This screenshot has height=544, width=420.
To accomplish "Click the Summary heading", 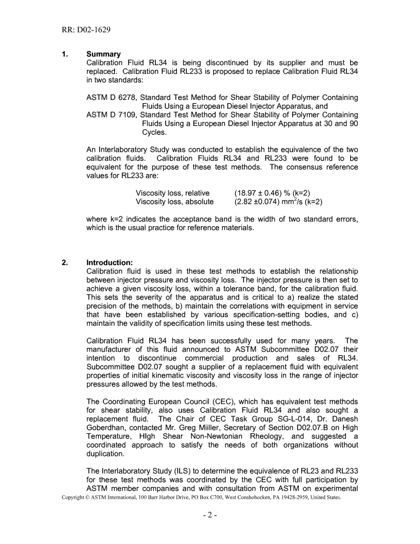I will (103, 54).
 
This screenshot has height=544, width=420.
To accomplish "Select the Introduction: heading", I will (109, 263).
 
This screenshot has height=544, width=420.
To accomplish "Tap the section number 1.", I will (65, 54).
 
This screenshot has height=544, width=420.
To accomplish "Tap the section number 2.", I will (65, 263).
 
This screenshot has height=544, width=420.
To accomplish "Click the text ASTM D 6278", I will (111, 97).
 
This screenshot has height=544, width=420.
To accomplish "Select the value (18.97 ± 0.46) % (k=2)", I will (272, 193).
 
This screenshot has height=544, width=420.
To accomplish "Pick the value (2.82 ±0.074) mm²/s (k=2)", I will (278, 202).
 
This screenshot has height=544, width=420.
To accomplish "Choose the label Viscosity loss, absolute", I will (174, 202).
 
